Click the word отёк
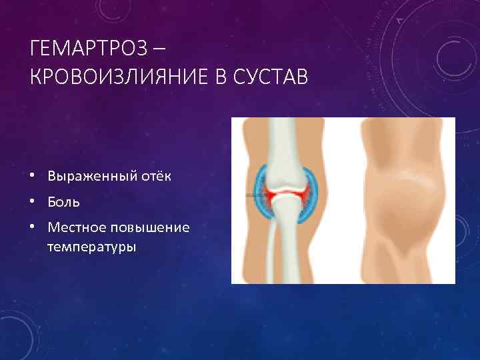pyautogui.click(x=154, y=176)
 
